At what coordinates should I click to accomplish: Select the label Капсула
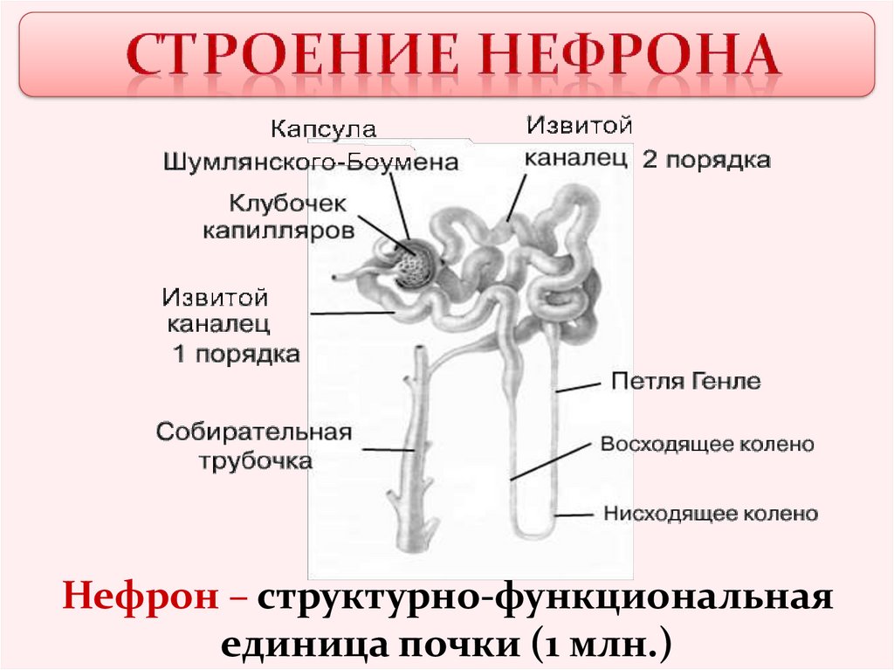tap(323, 130)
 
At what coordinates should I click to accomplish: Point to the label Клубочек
tap(288, 203)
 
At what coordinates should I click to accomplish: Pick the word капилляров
tap(279, 231)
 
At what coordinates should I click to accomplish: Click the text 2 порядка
tap(706, 161)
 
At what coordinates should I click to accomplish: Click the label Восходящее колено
tap(707, 445)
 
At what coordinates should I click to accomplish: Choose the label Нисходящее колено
tap(711, 514)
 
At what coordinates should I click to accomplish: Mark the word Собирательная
tap(254, 432)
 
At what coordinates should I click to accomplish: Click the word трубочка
tap(255, 460)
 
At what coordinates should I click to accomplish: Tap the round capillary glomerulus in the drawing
tap(415, 265)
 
